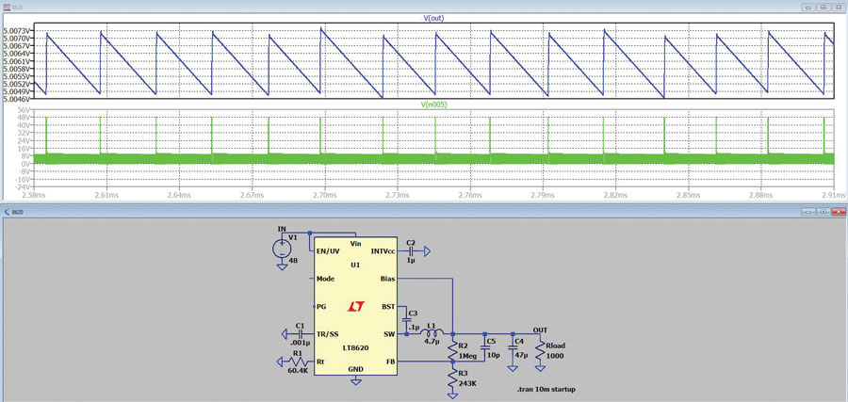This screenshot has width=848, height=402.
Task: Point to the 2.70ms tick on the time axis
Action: coord(323,196)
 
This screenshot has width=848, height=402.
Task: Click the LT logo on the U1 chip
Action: coord(356,306)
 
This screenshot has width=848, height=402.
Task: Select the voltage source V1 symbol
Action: coord(282,248)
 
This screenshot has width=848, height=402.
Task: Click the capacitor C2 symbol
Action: coord(411,251)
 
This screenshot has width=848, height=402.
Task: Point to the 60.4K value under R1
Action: coord(297,371)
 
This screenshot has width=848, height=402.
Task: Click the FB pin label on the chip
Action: coord(388,361)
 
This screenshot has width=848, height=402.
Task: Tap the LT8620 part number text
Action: coord(355,347)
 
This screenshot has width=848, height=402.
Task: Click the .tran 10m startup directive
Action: coord(546,388)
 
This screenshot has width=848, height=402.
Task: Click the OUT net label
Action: coord(541,330)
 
